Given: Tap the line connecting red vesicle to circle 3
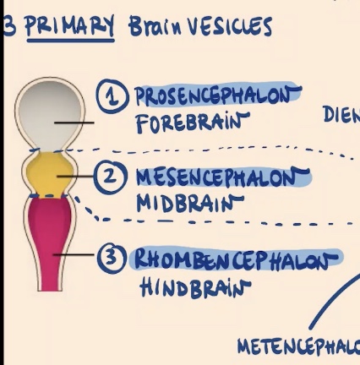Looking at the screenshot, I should pyautogui.click(x=78, y=254).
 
